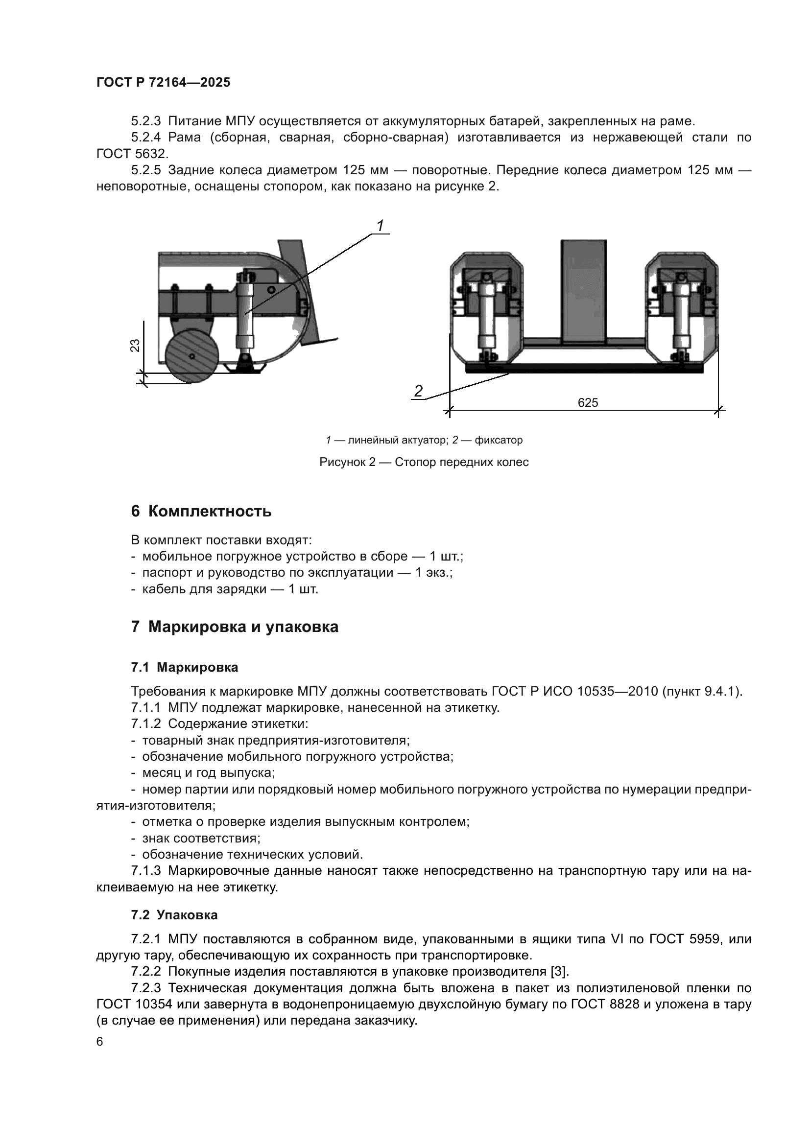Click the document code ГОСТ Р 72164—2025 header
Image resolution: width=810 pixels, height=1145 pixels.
(163, 83)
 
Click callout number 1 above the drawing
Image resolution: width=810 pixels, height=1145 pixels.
(380, 226)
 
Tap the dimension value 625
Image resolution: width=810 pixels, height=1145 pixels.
(588, 402)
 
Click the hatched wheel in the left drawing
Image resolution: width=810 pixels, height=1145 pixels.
(192, 356)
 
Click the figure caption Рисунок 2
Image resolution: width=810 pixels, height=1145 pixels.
(424, 462)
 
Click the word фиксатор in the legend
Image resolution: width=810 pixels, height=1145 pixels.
(498, 441)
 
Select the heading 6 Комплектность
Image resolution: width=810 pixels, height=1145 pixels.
(201, 511)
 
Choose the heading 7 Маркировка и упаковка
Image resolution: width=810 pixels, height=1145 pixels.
(235, 627)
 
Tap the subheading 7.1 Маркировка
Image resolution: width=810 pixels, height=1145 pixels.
(185, 667)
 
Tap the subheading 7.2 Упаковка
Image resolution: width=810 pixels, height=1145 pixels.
(174, 915)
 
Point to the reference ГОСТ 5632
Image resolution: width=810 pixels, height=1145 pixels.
(132, 154)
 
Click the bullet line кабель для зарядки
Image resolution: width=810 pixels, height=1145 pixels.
(229, 589)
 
